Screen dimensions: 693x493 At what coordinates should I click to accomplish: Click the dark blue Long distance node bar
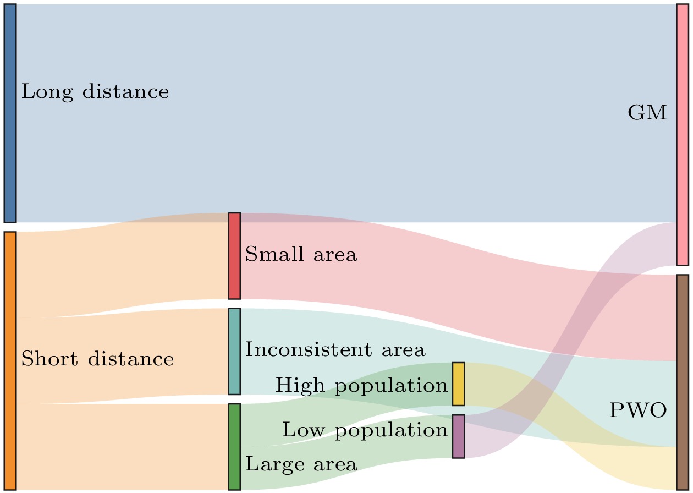pyautogui.click(x=10, y=113)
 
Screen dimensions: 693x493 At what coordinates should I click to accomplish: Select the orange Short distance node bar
pyautogui.click(x=10, y=360)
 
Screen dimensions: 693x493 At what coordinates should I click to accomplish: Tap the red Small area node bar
pyautogui.click(x=234, y=256)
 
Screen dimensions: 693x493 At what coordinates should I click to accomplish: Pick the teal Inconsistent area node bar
pyautogui.click(x=234, y=351)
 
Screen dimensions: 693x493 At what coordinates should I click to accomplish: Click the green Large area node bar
pyautogui.click(x=234, y=447)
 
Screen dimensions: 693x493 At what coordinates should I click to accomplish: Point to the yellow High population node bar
pyautogui.click(x=459, y=384)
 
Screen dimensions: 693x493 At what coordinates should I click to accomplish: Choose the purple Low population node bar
pyautogui.click(x=459, y=436)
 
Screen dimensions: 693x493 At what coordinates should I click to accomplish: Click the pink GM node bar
pyautogui.click(x=683, y=135)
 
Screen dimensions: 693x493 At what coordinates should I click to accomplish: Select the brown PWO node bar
pyautogui.click(x=683, y=382)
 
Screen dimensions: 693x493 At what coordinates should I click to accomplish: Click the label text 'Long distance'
pyautogui.click(x=95, y=92)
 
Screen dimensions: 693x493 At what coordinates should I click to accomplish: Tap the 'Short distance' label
pyautogui.click(x=98, y=359)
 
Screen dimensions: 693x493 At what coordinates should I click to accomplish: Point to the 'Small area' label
pyautogui.click(x=301, y=254)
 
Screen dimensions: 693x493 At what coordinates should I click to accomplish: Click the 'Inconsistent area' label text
pyautogui.click(x=335, y=349)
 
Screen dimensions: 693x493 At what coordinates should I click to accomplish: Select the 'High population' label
pyautogui.click(x=362, y=386)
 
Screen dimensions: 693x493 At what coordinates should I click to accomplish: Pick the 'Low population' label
pyautogui.click(x=365, y=430)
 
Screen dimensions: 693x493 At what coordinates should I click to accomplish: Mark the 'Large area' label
pyautogui.click(x=301, y=465)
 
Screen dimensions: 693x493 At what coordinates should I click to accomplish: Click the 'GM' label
pyautogui.click(x=647, y=112)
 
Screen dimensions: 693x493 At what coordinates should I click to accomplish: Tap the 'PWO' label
pyautogui.click(x=638, y=410)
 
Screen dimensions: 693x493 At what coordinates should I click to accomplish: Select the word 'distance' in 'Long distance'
pyautogui.click(x=126, y=91)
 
